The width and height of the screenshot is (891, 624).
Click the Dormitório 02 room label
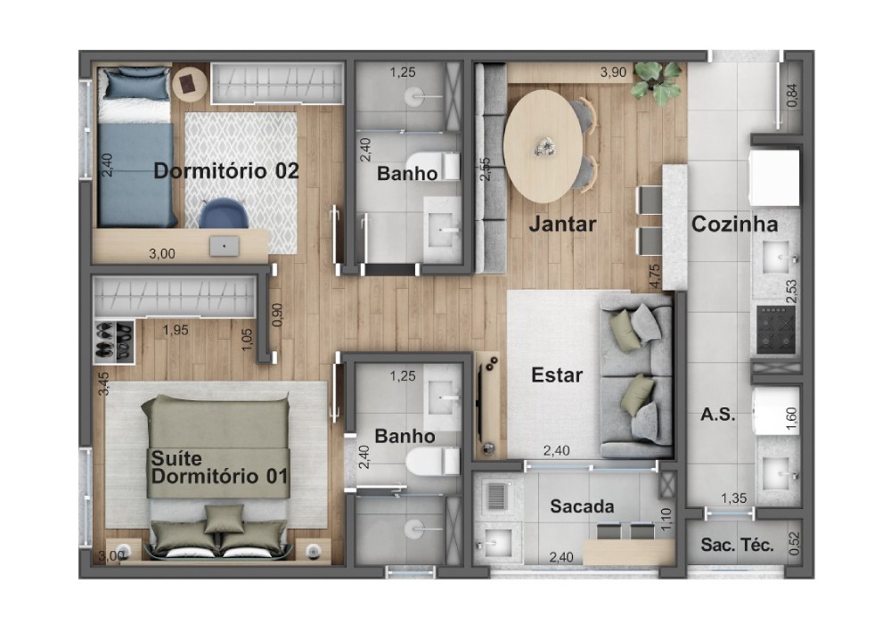point(226,170)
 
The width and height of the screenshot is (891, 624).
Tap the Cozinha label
point(734,224)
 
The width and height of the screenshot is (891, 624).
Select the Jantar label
point(562,224)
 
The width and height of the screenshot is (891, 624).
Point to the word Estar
point(557,375)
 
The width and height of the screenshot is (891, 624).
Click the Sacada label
point(582,505)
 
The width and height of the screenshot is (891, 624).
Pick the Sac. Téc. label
point(737,545)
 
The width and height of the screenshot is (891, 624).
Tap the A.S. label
point(717,415)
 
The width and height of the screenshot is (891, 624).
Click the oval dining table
point(543,146)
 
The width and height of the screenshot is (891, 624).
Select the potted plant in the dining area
point(657,82)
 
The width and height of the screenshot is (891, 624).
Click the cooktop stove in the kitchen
point(776,330)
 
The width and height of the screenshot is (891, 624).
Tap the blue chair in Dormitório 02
point(223,213)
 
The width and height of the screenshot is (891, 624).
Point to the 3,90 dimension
point(613,72)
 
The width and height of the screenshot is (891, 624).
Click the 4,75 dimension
point(654,275)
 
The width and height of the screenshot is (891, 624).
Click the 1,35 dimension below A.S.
point(733,498)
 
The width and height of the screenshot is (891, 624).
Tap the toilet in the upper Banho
point(433,166)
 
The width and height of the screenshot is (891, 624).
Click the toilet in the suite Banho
point(433,461)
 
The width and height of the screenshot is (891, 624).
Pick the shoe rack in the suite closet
point(114,341)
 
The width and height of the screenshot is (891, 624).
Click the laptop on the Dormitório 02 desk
point(224,246)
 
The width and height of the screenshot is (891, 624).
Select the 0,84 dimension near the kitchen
point(791,94)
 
